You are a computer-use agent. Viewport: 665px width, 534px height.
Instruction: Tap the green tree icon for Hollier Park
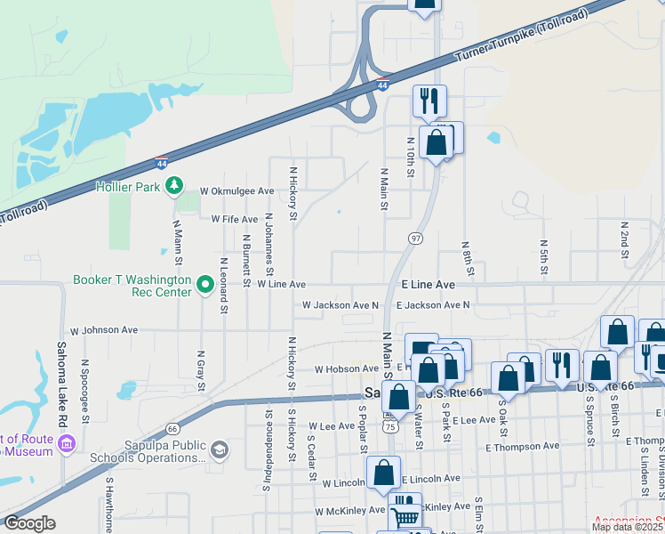pyautogui.click(x=176, y=185)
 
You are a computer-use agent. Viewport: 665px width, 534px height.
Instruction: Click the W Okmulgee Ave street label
pyautogui.click(x=236, y=191)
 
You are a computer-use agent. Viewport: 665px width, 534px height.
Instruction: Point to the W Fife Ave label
pyautogui.click(x=234, y=219)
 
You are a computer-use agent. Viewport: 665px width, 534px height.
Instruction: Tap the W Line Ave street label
pyautogui.click(x=281, y=285)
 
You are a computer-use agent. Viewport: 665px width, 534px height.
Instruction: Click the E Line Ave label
pyautogui.click(x=428, y=284)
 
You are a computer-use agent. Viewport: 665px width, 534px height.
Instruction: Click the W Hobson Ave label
pyautogui.click(x=348, y=369)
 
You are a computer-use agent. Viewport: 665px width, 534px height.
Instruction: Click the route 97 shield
pyautogui.click(x=415, y=239)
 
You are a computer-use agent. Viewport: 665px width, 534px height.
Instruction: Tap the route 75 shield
pyautogui.click(x=390, y=426)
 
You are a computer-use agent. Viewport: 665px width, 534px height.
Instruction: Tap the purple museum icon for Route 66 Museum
pyautogui.click(x=65, y=443)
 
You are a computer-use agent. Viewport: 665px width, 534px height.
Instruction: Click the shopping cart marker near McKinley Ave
pyautogui.click(x=405, y=514)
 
